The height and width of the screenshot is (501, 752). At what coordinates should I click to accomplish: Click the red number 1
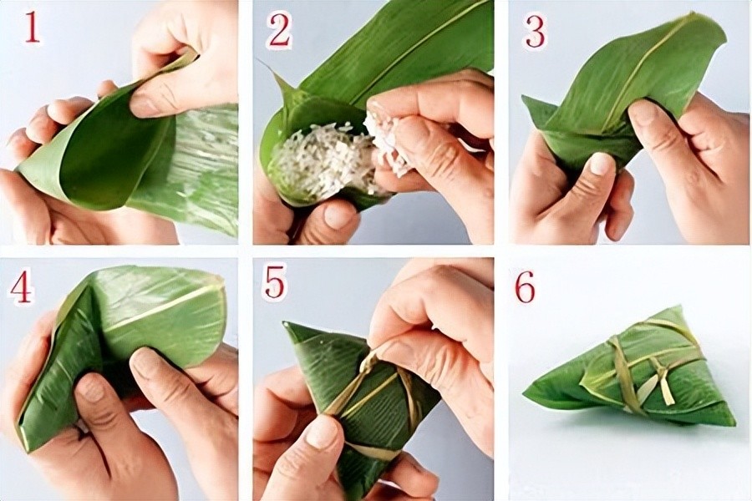pyautogui.click(x=32, y=28)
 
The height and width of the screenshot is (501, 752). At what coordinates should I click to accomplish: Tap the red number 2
pyautogui.click(x=280, y=31)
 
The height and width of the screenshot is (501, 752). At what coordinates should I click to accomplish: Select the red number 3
pyautogui.click(x=535, y=32)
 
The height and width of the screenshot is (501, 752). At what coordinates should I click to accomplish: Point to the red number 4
pyautogui.click(x=21, y=287)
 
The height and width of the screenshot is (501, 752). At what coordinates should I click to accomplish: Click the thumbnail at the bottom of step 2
pyautogui.click(x=338, y=215)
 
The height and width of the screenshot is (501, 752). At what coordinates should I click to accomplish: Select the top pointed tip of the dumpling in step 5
pyautogui.click(x=286, y=324)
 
